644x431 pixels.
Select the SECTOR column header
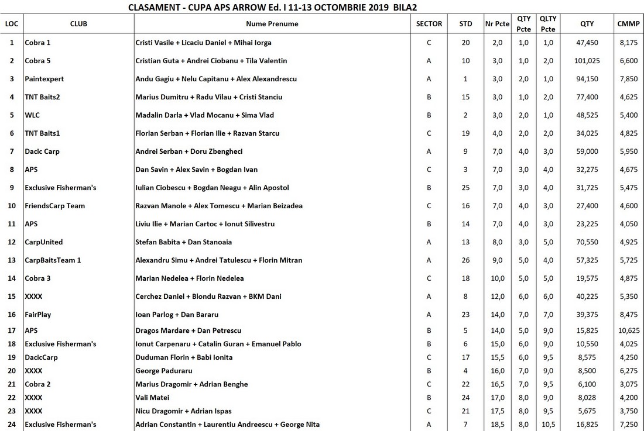point(429,24)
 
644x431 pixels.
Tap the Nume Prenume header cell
point(272,24)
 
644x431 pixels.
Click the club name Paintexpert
point(44,79)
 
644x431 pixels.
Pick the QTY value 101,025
point(587,61)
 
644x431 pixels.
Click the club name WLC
point(32,115)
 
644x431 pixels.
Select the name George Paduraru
point(163,371)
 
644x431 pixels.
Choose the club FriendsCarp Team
point(54,206)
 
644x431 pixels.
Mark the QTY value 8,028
point(587,398)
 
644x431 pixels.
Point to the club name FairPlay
point(37,315)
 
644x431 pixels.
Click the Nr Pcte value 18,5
point(497,425)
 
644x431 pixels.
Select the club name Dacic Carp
point(42,151)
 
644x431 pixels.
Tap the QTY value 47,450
point(587,43)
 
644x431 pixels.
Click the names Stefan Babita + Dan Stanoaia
point(183,242)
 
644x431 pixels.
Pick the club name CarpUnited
point(43,242)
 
